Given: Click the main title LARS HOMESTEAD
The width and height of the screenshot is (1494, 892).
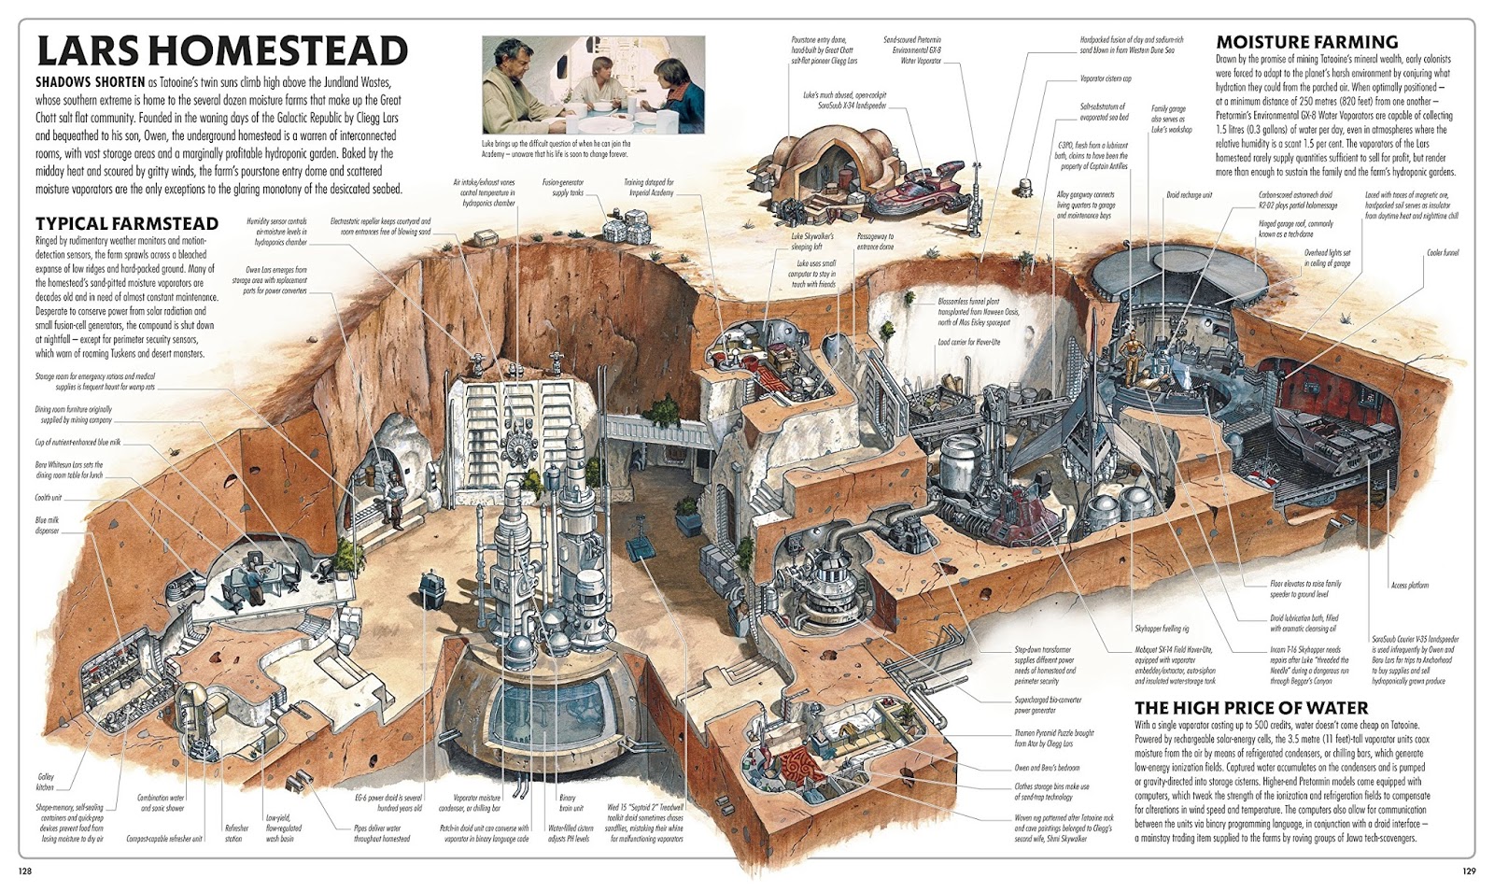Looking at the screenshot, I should click(221, 50).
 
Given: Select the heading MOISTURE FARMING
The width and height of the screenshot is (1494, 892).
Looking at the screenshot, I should click(1306, 41).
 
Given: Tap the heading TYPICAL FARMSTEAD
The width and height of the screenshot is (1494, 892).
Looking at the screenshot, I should click(127, 223).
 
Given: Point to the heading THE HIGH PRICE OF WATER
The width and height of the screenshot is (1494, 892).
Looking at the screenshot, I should click(1251, 707).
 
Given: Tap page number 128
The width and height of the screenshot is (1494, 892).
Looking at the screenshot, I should click(25, 871).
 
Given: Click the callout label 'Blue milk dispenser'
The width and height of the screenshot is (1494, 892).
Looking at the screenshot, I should click(47, 525).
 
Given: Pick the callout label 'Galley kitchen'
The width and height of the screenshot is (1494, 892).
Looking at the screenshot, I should click(46, 782).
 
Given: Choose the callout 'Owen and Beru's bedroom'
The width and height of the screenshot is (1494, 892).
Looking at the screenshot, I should click(1047, 768).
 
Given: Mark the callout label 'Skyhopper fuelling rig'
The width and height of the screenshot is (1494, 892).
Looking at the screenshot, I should click(1161, 629).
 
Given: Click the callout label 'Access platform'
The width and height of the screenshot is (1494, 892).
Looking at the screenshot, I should click(1409, 586).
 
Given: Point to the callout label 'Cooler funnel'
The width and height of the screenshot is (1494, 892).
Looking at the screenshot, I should click(1442, 252).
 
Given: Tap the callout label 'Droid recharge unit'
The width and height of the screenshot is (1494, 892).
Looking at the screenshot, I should click(1189, 195).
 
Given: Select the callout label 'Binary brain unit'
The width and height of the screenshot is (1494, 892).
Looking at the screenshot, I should click(568, 802).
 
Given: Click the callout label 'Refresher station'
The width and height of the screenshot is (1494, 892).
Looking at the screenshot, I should click(236, 832).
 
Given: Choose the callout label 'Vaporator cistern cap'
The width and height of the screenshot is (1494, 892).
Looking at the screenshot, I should click(1106, 79).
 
